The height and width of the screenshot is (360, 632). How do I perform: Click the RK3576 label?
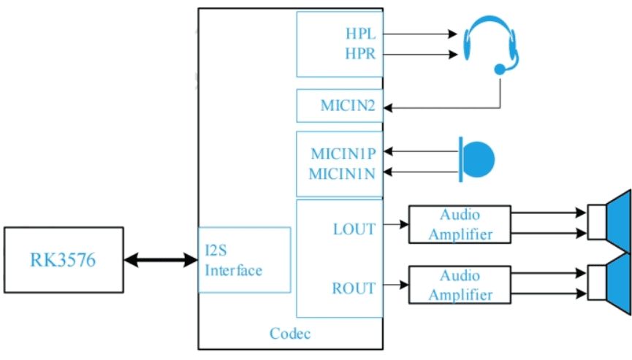(63, 260)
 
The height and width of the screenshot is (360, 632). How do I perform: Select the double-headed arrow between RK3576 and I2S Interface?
(161, 260)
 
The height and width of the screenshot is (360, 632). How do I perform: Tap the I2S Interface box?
(244, 260)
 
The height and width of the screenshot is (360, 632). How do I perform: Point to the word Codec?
(290, 334)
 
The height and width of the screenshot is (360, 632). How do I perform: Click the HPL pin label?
(360, 34)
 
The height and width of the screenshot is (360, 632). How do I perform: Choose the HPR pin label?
(360, 53)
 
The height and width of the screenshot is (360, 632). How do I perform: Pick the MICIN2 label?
(348, 105)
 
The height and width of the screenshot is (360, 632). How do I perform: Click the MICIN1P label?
(343, 153)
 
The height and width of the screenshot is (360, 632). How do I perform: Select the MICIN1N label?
(342, 174)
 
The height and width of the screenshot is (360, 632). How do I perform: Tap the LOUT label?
(354, 229)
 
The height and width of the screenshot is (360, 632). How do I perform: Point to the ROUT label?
(354, 288)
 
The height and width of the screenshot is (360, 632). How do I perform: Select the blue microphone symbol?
(477, 159)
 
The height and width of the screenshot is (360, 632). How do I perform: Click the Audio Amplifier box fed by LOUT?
(460, 224)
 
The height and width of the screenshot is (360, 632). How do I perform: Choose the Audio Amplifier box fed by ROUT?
(460, 285)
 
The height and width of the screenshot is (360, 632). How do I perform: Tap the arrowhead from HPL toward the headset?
(453, 34)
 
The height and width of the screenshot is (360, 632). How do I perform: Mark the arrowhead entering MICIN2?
(388, 108)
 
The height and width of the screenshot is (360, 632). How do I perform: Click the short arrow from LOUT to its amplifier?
(396, 224)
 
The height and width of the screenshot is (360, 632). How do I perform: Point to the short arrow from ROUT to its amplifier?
(396, 285)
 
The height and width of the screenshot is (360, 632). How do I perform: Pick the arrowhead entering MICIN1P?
(388, 151)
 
